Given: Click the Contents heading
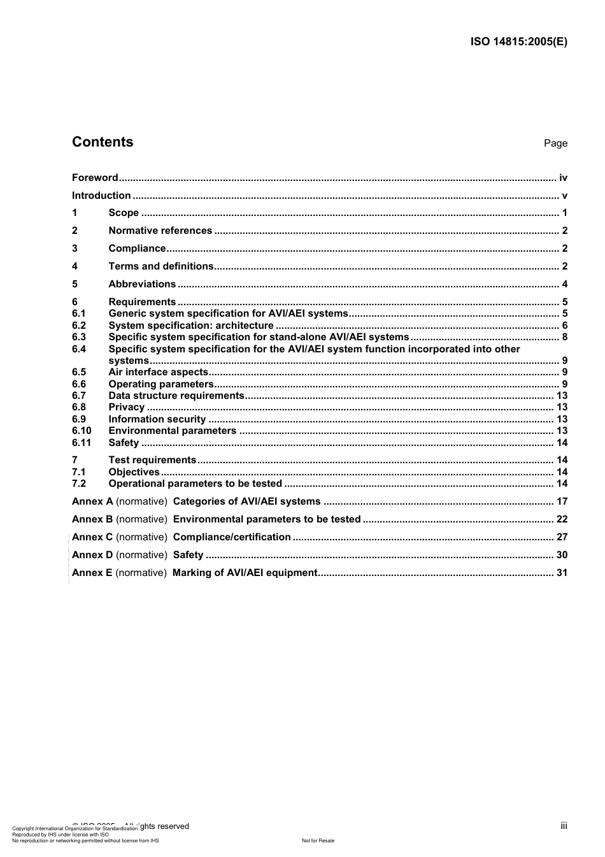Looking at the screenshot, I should pos(103,142).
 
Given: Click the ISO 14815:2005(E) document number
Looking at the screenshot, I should pos(518,42).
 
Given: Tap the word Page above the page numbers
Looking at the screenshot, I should pos(555,143).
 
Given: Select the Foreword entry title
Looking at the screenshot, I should pos(95,178).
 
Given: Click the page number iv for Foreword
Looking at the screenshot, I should pos(563,178).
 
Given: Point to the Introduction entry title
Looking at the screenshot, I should pos(101,196).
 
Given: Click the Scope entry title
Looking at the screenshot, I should pos(124,213).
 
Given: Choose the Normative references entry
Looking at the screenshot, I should pos(160,231).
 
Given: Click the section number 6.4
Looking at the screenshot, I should pos(79,349).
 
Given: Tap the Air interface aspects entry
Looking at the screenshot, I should pos(158,372).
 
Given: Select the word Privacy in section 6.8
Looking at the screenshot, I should pos(127,407).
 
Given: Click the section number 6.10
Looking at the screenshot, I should pos(82,431).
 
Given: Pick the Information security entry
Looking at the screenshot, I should pos(157,419).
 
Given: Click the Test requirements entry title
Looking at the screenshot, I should pos(152,460).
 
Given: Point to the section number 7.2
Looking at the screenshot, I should pos(79,484).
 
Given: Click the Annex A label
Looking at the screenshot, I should pos(92,501).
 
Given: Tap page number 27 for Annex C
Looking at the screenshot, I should pos(562,537).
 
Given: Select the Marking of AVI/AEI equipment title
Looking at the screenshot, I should pos(245,573).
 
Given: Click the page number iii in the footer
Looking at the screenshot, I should pos(564,826).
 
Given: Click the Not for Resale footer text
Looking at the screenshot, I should pos(318,840).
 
